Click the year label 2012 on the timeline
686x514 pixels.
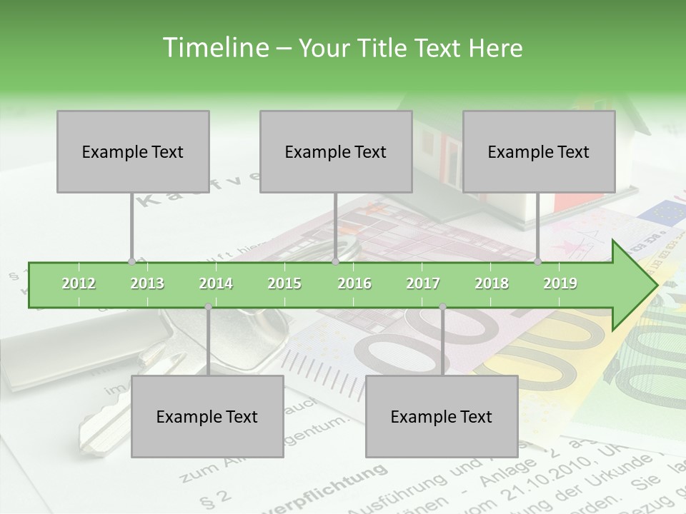pos(79,283)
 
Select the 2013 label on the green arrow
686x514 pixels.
pos(147,283)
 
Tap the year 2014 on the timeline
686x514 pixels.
pos(216,283)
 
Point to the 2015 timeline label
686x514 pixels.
pos(284,283)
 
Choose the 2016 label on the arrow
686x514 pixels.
pos(354,283)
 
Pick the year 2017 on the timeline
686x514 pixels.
pos(423,283)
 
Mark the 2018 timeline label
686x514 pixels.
pos(492,283)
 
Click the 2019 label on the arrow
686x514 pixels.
pos(560,283)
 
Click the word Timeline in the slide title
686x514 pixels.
pos(214,48)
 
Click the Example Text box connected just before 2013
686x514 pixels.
pos(133,151)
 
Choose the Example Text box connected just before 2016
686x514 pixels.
pos(336,151)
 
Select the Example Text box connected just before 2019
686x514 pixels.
pos(539,151)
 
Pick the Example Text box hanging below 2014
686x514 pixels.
pos(207,416)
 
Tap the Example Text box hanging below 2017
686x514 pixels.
pos(442,416)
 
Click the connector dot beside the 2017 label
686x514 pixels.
pos(442,307)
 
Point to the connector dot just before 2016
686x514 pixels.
pos(335,261)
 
